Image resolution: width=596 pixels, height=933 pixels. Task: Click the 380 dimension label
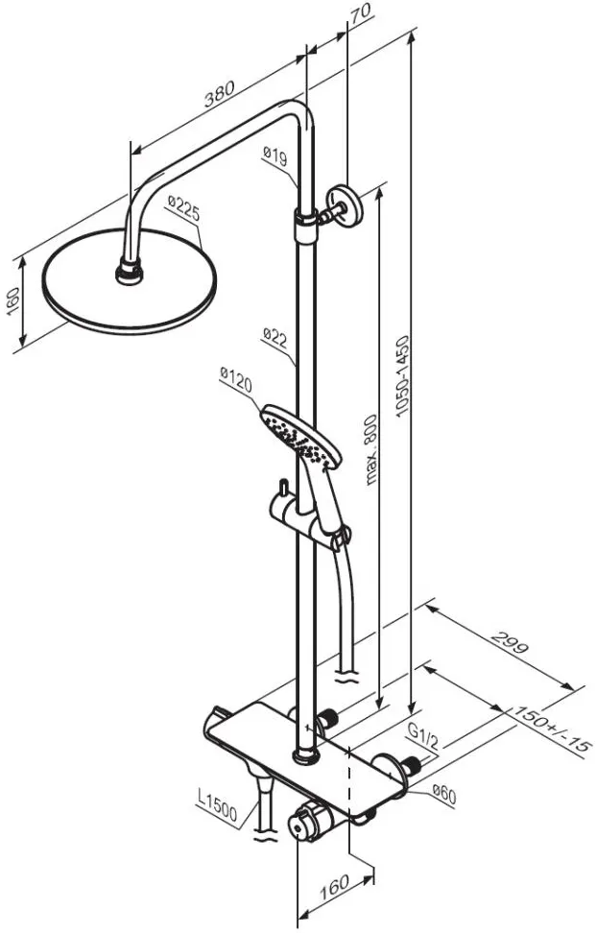(219, 93)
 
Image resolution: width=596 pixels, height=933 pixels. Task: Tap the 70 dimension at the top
(360, 13)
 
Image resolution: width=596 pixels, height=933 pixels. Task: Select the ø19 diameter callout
(274, 156)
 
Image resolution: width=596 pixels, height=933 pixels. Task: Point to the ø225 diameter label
(183, 208)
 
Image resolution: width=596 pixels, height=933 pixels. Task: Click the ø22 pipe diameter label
(274, 338)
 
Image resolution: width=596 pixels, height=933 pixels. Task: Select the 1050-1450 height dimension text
(403, 376)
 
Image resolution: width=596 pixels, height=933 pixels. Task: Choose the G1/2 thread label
(423, 735)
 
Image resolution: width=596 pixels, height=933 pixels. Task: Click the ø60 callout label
(443, 795)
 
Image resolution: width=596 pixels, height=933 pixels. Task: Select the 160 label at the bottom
(334, 888)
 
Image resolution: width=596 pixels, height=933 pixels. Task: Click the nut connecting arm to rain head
(129, 272)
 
